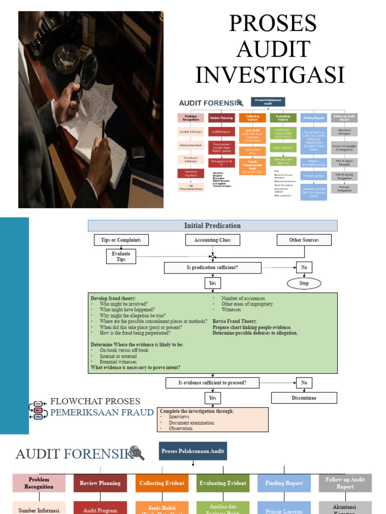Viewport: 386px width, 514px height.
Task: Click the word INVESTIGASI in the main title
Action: tap(270, 75)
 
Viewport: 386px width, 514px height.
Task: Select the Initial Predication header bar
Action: tap(213, 226)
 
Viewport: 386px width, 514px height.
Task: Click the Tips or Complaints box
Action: tap(121, 240)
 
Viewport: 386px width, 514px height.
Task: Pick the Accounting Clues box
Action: tap(213, 240)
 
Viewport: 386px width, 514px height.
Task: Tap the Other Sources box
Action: tap(304, 240)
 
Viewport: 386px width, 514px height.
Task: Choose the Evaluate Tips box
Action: tap(121, 256)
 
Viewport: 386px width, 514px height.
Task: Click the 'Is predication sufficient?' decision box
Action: tap(213, 268)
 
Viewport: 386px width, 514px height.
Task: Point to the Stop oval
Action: tap(304, 283)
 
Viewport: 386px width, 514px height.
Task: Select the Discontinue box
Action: tap(304, 398)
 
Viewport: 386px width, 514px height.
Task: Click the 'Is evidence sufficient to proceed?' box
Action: tap(213, 383)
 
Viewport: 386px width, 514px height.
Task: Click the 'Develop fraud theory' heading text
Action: tap(113, 298)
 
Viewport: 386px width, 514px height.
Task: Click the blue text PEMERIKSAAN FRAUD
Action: tap(102, 413)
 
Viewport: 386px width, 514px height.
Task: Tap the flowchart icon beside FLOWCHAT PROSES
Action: tap(38, 410)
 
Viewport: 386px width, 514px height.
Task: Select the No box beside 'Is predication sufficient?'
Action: tap(304, 268)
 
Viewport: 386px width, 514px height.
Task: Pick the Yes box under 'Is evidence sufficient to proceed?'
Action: tap(213, 398)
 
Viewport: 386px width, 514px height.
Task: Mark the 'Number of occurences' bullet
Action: tap(243, 298)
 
